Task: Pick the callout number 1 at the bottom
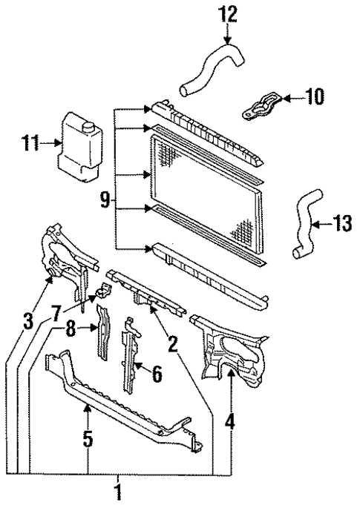click(x=117, y=490)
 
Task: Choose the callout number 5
click(x=88, y=440)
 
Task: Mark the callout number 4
click(x=230, y=423)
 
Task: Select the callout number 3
click(x=28, y=320)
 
